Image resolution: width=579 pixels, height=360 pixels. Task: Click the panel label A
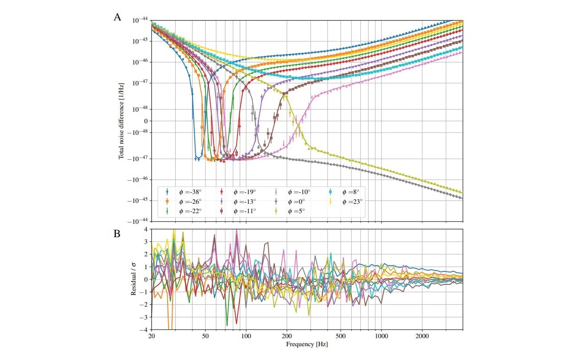(117, 17)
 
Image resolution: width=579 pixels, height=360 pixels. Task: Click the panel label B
(117, 234)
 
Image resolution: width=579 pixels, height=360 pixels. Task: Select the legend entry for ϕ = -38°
(183, 192)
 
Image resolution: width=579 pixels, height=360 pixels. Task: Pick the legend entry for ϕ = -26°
(183, 201)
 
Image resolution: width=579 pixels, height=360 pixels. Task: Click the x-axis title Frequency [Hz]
(307, 344)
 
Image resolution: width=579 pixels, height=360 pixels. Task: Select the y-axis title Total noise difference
(121, 120)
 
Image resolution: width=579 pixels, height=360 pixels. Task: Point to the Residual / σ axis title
(133, 279)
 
